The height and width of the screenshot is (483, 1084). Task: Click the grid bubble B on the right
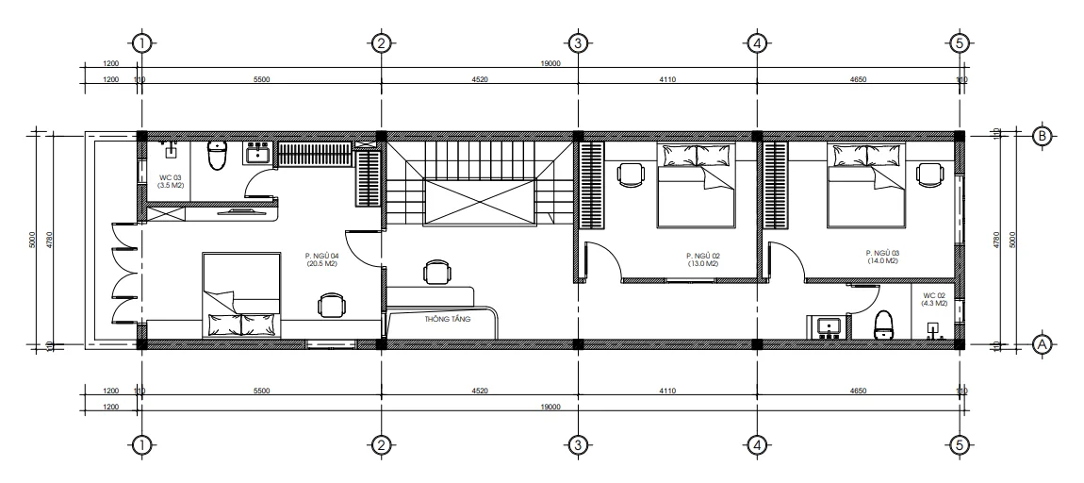[1043, 135]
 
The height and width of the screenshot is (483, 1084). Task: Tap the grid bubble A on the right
[1043, 344]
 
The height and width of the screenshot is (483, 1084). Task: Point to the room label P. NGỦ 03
[881, 257]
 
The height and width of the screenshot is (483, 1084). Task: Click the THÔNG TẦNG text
[448, 319]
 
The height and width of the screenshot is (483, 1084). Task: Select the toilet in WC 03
[218, 155]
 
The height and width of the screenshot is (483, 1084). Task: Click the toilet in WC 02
[884, 324]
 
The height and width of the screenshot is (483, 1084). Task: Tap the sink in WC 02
[829, 326]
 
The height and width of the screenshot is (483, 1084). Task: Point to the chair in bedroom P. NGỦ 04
[331, 305]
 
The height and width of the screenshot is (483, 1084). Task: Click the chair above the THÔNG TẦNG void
[435, 273]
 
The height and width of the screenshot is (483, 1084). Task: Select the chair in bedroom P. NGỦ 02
[629, 173]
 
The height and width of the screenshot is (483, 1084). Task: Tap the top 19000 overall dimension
[551, 64]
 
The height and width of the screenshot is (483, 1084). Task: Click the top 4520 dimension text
[479, 80]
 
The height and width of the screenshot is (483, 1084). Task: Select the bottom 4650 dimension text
[858, 390]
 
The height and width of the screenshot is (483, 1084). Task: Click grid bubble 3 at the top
[578, 42]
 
